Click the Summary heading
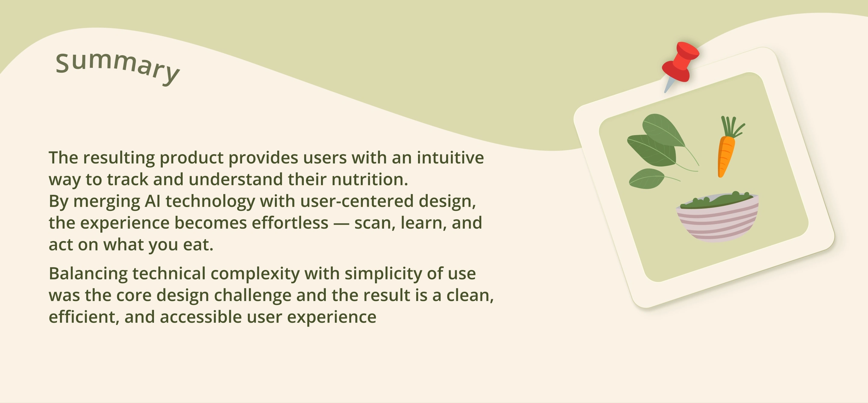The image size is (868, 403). tap(117, 68)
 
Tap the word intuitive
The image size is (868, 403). tap(450, 157)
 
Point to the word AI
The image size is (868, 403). tap(152, 201)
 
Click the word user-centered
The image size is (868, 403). tap(357, 201)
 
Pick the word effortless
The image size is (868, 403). tap(290, 223)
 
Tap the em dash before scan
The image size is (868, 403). tap(341, 224)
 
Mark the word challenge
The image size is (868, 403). tap(253, 296)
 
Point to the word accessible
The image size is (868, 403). tap(201, 317)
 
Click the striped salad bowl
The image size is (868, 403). tap(717, 217)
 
